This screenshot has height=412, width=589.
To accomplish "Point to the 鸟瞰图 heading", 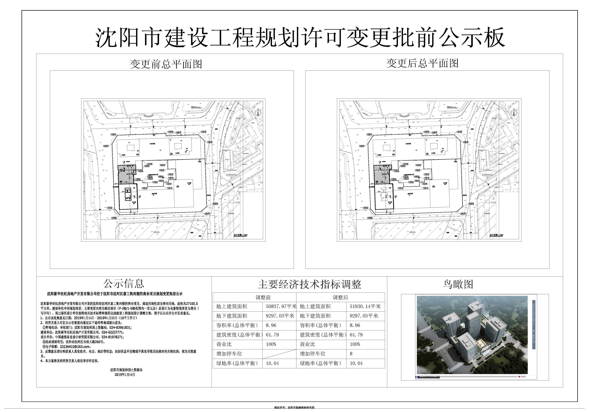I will tap(458, 284).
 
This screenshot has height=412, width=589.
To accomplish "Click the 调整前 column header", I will tap(263, 297).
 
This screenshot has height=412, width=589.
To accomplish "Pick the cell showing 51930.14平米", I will tap(365, 306).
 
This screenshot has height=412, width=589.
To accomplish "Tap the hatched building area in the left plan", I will tap(126, 174).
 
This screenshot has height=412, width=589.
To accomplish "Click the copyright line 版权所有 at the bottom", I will tap(294, 407).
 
